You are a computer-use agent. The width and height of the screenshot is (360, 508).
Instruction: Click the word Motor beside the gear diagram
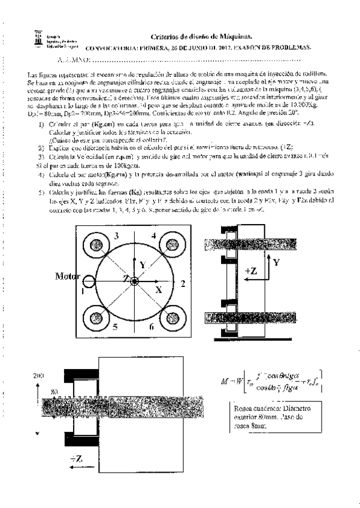pos(68,276)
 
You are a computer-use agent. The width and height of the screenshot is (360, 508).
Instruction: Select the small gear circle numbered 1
pos(89,281)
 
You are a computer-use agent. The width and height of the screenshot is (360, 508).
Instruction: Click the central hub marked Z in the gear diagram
pos(135,280)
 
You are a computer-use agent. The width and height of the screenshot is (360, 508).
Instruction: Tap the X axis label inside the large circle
pos(159,289)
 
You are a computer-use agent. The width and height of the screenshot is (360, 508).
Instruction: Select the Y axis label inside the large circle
pos(142,264)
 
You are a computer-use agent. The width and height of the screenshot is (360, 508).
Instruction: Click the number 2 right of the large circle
pos(182,280)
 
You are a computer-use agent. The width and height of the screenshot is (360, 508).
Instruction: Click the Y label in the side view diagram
pos(276,262)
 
